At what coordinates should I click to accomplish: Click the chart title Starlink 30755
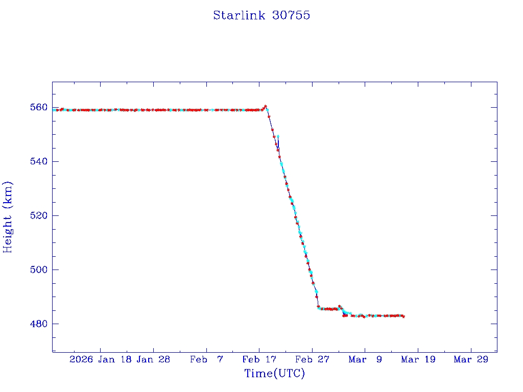click(261, 15)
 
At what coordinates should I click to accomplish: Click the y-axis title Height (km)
click(8, 217)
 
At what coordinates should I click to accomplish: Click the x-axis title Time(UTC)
click(274, 374)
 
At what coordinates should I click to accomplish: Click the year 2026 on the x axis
click(82, 360)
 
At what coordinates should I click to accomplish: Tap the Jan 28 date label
click(153, 360)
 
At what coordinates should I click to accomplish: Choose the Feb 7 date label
click(206, 360)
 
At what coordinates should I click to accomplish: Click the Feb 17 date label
click(259, 360)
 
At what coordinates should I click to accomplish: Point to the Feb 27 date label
click(312, 360)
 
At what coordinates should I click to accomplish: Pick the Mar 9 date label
click(365, 360)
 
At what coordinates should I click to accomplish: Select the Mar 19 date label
click(418, 360)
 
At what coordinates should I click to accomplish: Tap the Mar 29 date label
click(471, 360)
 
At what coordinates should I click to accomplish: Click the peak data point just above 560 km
click(266, 106)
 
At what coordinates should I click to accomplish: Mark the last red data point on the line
click(403, 316)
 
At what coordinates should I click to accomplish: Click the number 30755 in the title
click(291, 15)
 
